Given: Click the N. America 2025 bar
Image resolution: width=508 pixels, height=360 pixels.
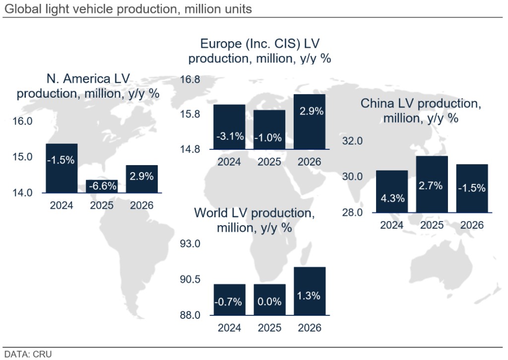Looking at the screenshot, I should (102, 186).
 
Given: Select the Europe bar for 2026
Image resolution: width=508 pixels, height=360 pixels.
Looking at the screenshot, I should (310, 121).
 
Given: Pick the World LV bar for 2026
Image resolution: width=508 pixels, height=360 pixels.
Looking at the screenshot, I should (310, 291).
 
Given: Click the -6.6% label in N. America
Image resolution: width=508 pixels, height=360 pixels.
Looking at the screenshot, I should (102, 186).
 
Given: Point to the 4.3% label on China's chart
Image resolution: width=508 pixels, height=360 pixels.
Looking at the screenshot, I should (392, 197).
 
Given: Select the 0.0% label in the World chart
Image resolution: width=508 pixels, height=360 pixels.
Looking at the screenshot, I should (269, 301).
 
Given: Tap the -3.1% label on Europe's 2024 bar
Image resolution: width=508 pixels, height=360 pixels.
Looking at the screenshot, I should (229, 136).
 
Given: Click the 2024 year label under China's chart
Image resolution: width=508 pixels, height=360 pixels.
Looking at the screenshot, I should (392, 225).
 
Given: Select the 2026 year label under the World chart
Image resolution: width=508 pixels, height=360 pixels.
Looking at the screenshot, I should (310, 328).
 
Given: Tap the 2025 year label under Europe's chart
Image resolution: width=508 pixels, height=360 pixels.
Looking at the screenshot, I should (269, 162).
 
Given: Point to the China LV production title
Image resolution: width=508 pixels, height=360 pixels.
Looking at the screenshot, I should (421, 111).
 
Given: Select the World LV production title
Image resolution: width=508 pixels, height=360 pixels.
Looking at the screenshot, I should (254, 220).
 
